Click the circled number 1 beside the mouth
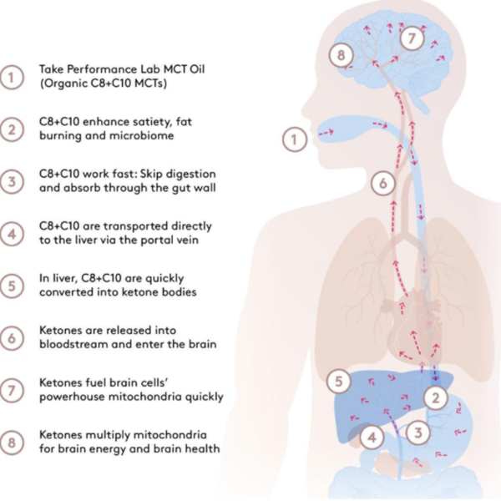tap(294, 139)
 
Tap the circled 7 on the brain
tap(412, 38)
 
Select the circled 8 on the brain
tap(342, 55)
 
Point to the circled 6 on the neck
tap(383, 184)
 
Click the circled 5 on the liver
tap(339, 382)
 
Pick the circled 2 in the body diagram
tap(436, 398)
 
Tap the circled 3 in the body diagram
tap(418, 433)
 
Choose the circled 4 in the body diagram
tap(372, 438)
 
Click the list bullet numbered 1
tap(12, 78)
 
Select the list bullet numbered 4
tap(12, 234)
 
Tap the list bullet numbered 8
tap(12, 443)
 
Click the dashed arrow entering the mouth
tap(326, 133)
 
